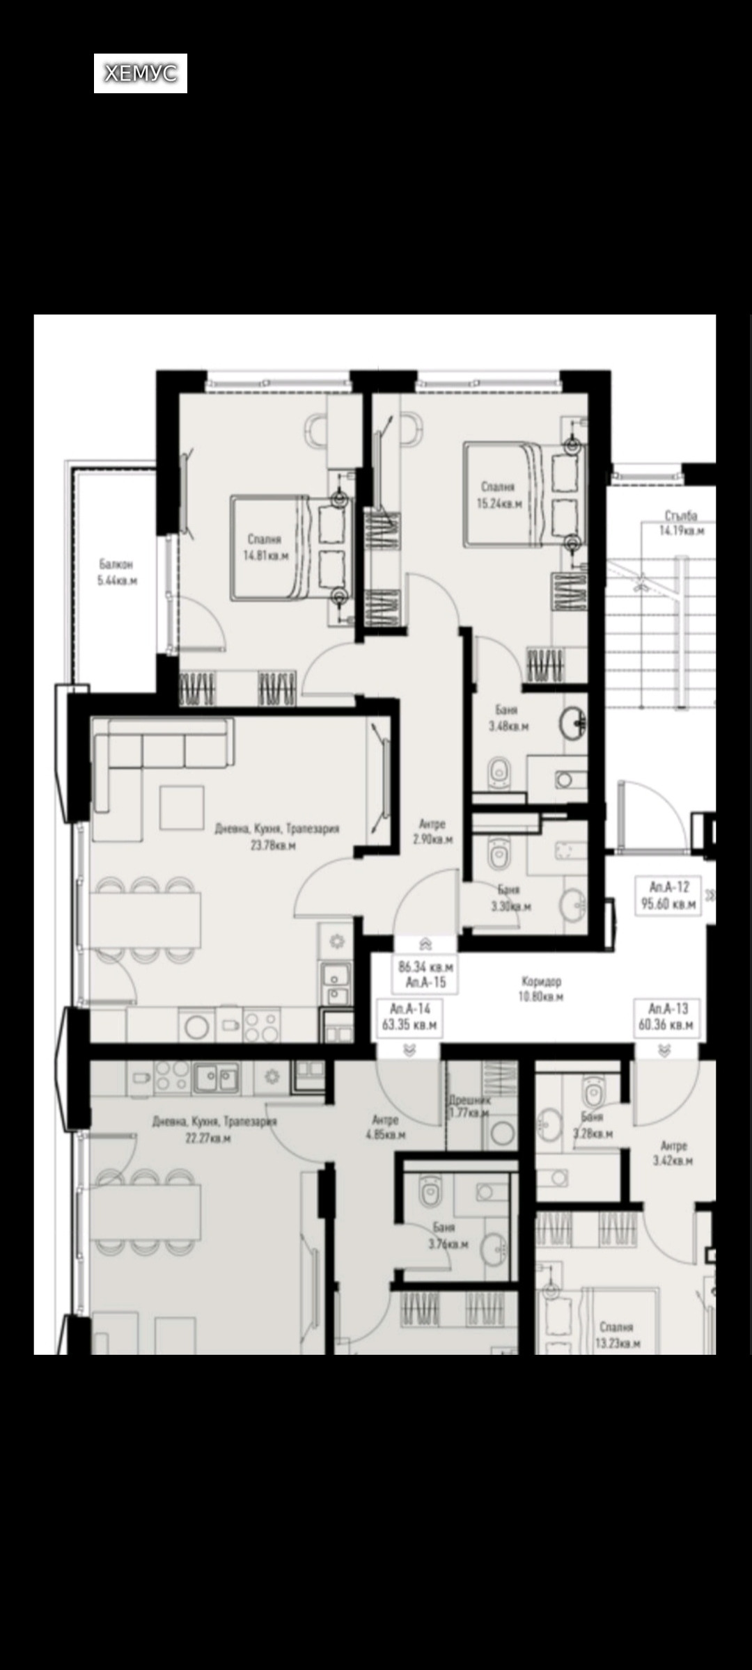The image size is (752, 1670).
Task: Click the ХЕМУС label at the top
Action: point(141,73)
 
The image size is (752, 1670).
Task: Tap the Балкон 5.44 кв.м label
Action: point(116,572)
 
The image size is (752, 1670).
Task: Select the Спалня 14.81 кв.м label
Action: point(265,548)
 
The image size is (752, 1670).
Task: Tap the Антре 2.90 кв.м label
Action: point(432,832)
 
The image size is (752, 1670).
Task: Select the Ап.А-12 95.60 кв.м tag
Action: point(668,896)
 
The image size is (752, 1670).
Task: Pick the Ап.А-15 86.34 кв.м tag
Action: point(426,974)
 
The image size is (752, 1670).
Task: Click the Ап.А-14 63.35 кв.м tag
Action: point(409,1017)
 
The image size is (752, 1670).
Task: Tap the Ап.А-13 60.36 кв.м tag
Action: point(666,1017)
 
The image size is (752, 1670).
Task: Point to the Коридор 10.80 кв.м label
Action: point(541,988)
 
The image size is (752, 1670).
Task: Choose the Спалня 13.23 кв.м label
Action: point(617,1335)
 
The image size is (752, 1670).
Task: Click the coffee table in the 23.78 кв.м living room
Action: point(182,806)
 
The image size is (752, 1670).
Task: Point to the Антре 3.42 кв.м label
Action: point(673,1153)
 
